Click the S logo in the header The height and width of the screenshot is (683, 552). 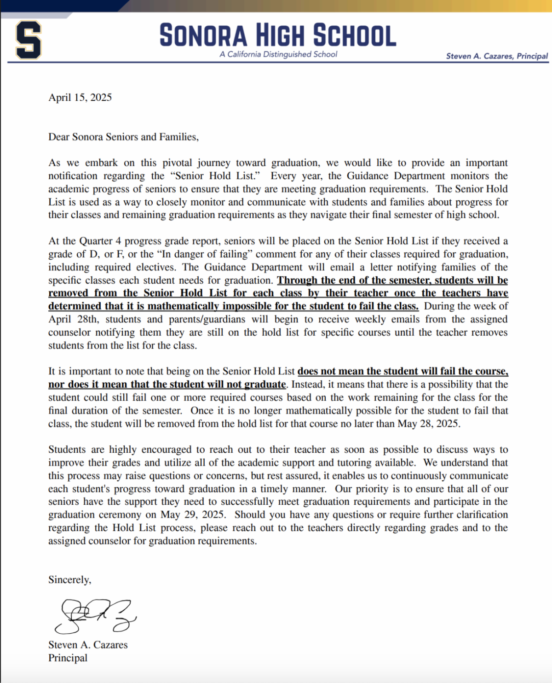coord(29,40)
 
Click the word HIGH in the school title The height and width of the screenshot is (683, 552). coord(280,36)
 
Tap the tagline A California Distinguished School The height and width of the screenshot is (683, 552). coord(278,54)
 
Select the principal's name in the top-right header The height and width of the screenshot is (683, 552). coord(497,56)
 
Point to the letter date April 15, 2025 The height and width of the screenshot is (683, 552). coord(80,98)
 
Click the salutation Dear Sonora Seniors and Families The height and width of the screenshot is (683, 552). coord(123,137)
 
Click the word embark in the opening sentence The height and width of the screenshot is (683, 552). coord(101,163)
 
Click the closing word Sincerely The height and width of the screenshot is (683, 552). coord(69,580)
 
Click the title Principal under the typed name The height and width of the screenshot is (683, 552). coord(68,658)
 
